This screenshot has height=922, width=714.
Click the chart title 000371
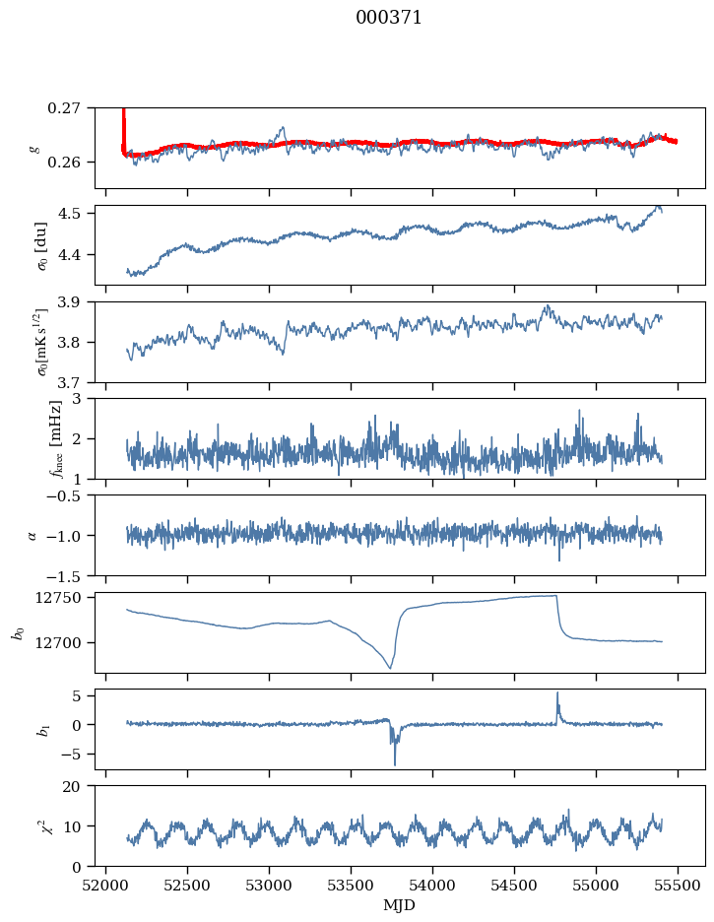pyautogui.click(x=389, y=18)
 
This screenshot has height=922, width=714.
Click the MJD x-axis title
pyautogui.click(x=399, y=904)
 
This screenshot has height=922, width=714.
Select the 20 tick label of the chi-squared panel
pyautogui.click(x=77, y=787)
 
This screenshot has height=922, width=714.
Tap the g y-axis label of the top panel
pyautogui.click(x=34, y=148)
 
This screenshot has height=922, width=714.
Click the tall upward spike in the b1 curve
pyautogui.click(x=557, y=693)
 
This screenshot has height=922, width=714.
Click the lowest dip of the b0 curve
pyautogui.click(x=390, y=668)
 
